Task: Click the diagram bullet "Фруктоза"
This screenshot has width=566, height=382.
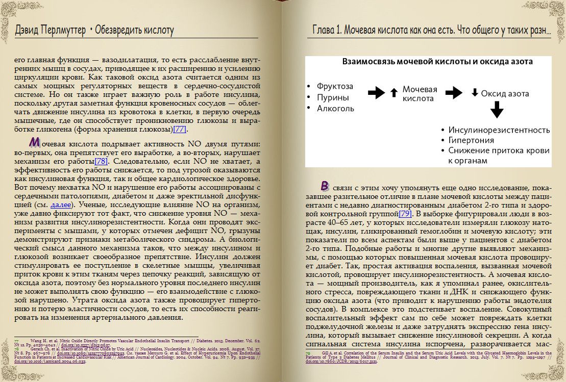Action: [x=334, y=87]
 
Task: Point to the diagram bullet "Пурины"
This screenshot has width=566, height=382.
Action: [x=333, y=97]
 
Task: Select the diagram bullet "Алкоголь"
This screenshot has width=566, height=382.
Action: [x=335, y=109]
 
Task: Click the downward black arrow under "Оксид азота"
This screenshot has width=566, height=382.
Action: [x=497, y=110]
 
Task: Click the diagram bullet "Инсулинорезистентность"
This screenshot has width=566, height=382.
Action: [x=499, y=130]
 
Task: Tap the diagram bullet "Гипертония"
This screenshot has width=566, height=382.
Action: [x=471, y=140]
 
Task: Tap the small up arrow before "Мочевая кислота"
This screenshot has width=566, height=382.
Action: [x=393, y=93]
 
